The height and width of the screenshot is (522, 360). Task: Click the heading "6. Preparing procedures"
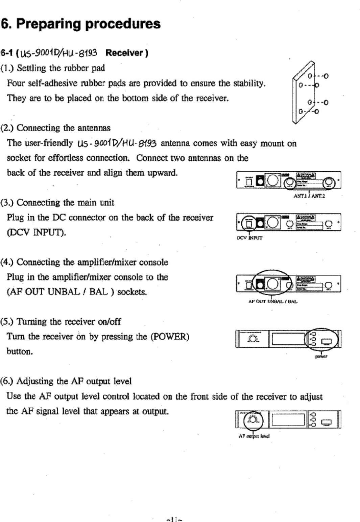(x=80, y=24)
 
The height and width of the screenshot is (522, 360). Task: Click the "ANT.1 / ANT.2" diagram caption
(x=309, y=196)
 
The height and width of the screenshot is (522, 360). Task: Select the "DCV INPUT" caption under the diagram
(x=249, y=238)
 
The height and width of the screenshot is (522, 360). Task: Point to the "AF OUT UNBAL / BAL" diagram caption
(x=273, y=301)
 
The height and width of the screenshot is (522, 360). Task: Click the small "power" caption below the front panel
(x=321, y=357)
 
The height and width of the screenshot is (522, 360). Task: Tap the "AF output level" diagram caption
(x=254, y=436)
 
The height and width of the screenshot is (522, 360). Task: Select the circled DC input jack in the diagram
(x=249, y=224)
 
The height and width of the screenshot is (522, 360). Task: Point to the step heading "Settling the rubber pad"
(x=61, y=68)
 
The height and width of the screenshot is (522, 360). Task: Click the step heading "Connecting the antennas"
(x=63, y=128)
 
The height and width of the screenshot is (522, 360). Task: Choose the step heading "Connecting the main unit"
(x=65, y=203)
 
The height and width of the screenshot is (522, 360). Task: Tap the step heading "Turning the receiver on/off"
(x=69, y=321)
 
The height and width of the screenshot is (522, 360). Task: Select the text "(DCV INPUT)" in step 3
(x=36, y=233)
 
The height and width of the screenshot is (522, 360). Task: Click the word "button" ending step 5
(x=19, y=351)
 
